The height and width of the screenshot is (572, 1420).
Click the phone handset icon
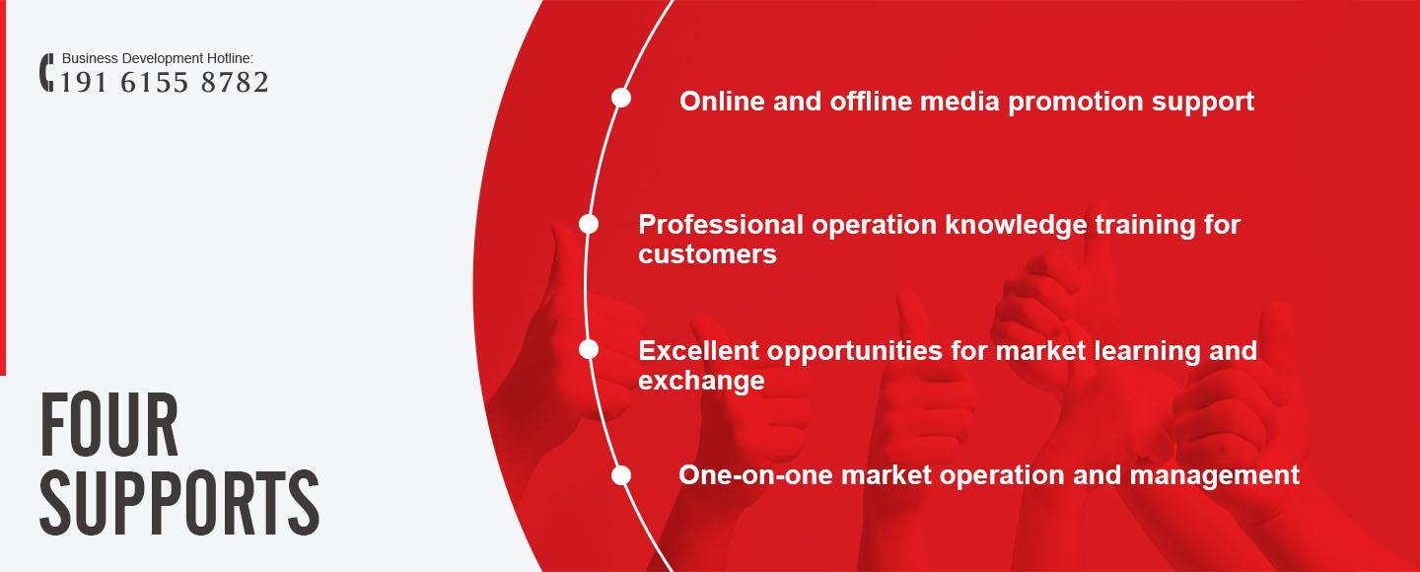pyautogui.click(x=46, y=72)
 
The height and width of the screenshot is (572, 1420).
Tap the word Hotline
pyautogui.click(x=230, y=58)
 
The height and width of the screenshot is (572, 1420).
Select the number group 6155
pyautogui.click(x=155, y=83)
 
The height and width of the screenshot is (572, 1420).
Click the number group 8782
pyautogui.click(x=235, y=83)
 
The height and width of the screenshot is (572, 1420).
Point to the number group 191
pyautogui.click(x=84, y=83)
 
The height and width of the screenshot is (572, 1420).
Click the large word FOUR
pyautogui.click(x=109, y=424)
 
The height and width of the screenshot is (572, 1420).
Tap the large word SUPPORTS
pyautogui.click(x=180, y=503)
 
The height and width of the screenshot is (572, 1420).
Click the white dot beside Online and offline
pyautogui.click(x=621, y=99)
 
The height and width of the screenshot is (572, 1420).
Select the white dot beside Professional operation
pyautogui.click(x=589, y=224)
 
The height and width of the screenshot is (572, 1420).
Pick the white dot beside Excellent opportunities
pyautogui.click(x=589, y=349)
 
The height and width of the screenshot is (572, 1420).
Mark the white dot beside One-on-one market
pyautogui.click(x=621, y=475)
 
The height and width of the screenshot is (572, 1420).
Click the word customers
pyautogui.click(x=707, y=254)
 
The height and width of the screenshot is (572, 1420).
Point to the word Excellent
pyautogui.click(x=698, y=351)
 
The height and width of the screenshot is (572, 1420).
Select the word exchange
pyautogui.click(x=702, y=382)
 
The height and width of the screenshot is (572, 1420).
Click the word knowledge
pyautogui.click(x=1016, y=226)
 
